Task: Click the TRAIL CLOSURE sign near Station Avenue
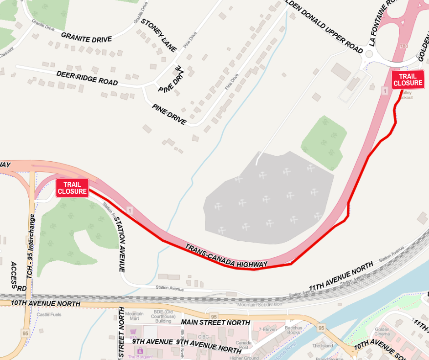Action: [72, 188]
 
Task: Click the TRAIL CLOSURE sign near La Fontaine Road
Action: [408, 79]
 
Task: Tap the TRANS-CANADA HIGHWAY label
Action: [226, 256]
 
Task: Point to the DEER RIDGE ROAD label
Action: [87, 78]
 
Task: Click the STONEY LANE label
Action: [158, 35]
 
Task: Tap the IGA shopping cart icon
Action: [133, 332]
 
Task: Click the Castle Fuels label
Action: [49, 314]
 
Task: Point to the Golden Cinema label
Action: [382, 332]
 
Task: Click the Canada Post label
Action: [244, 345]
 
